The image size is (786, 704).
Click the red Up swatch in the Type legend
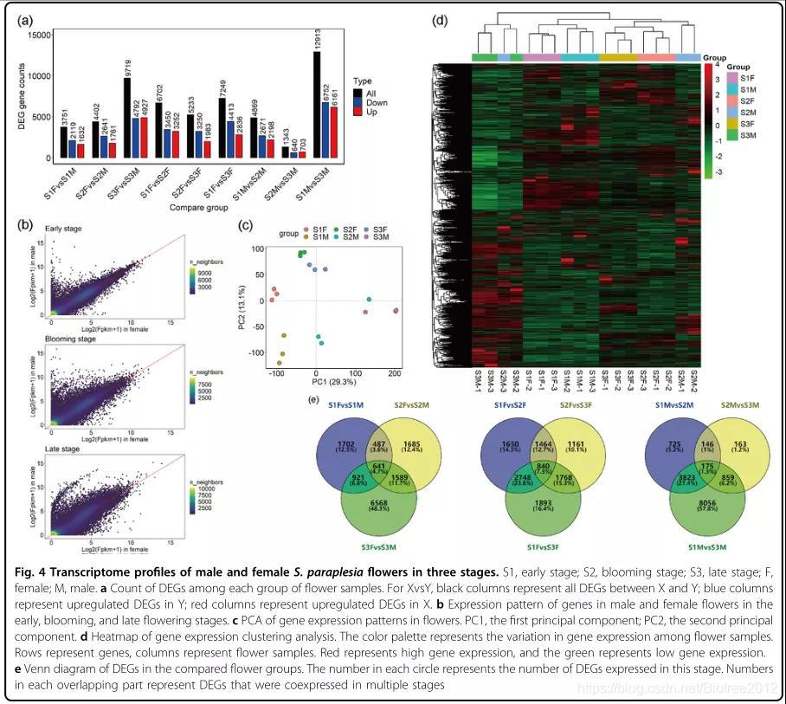358,113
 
